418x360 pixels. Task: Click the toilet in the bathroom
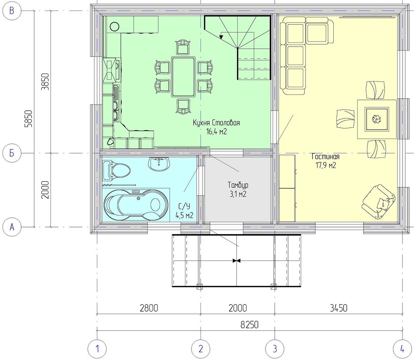(x=116, y=170)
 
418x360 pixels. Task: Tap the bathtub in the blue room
(x=136, y=205)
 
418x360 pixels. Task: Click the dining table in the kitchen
(x=183, y=77)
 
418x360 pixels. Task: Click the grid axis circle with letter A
(x=12, y=227)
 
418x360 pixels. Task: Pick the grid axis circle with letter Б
(x=12, y=153)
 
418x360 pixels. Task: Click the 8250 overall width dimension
(x=249, y=325)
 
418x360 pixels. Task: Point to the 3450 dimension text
(x=339, y=308)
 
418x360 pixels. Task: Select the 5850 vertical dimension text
(x=28, y=119)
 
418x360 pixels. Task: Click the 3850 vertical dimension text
(x=45, y=82)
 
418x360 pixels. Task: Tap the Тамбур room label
(x=238, y=185)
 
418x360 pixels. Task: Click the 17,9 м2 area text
(x=326, y=165)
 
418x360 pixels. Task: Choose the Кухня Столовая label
(x=216, y=123)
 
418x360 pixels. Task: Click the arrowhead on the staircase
(x=221, y=37)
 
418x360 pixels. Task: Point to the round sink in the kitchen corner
(x=115, y=26)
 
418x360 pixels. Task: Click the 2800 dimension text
(x=149, y=308)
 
